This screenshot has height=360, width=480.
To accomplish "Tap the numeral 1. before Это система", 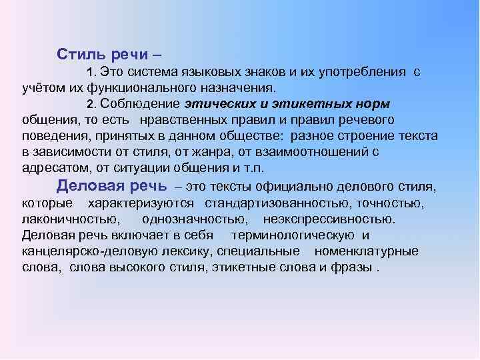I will tap(93, 71).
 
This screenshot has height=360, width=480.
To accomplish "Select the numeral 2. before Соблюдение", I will tap(93, 104).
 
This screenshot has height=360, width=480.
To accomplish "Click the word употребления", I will tap(357, 71).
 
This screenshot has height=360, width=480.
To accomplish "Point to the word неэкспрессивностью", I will tap(329, 218).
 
